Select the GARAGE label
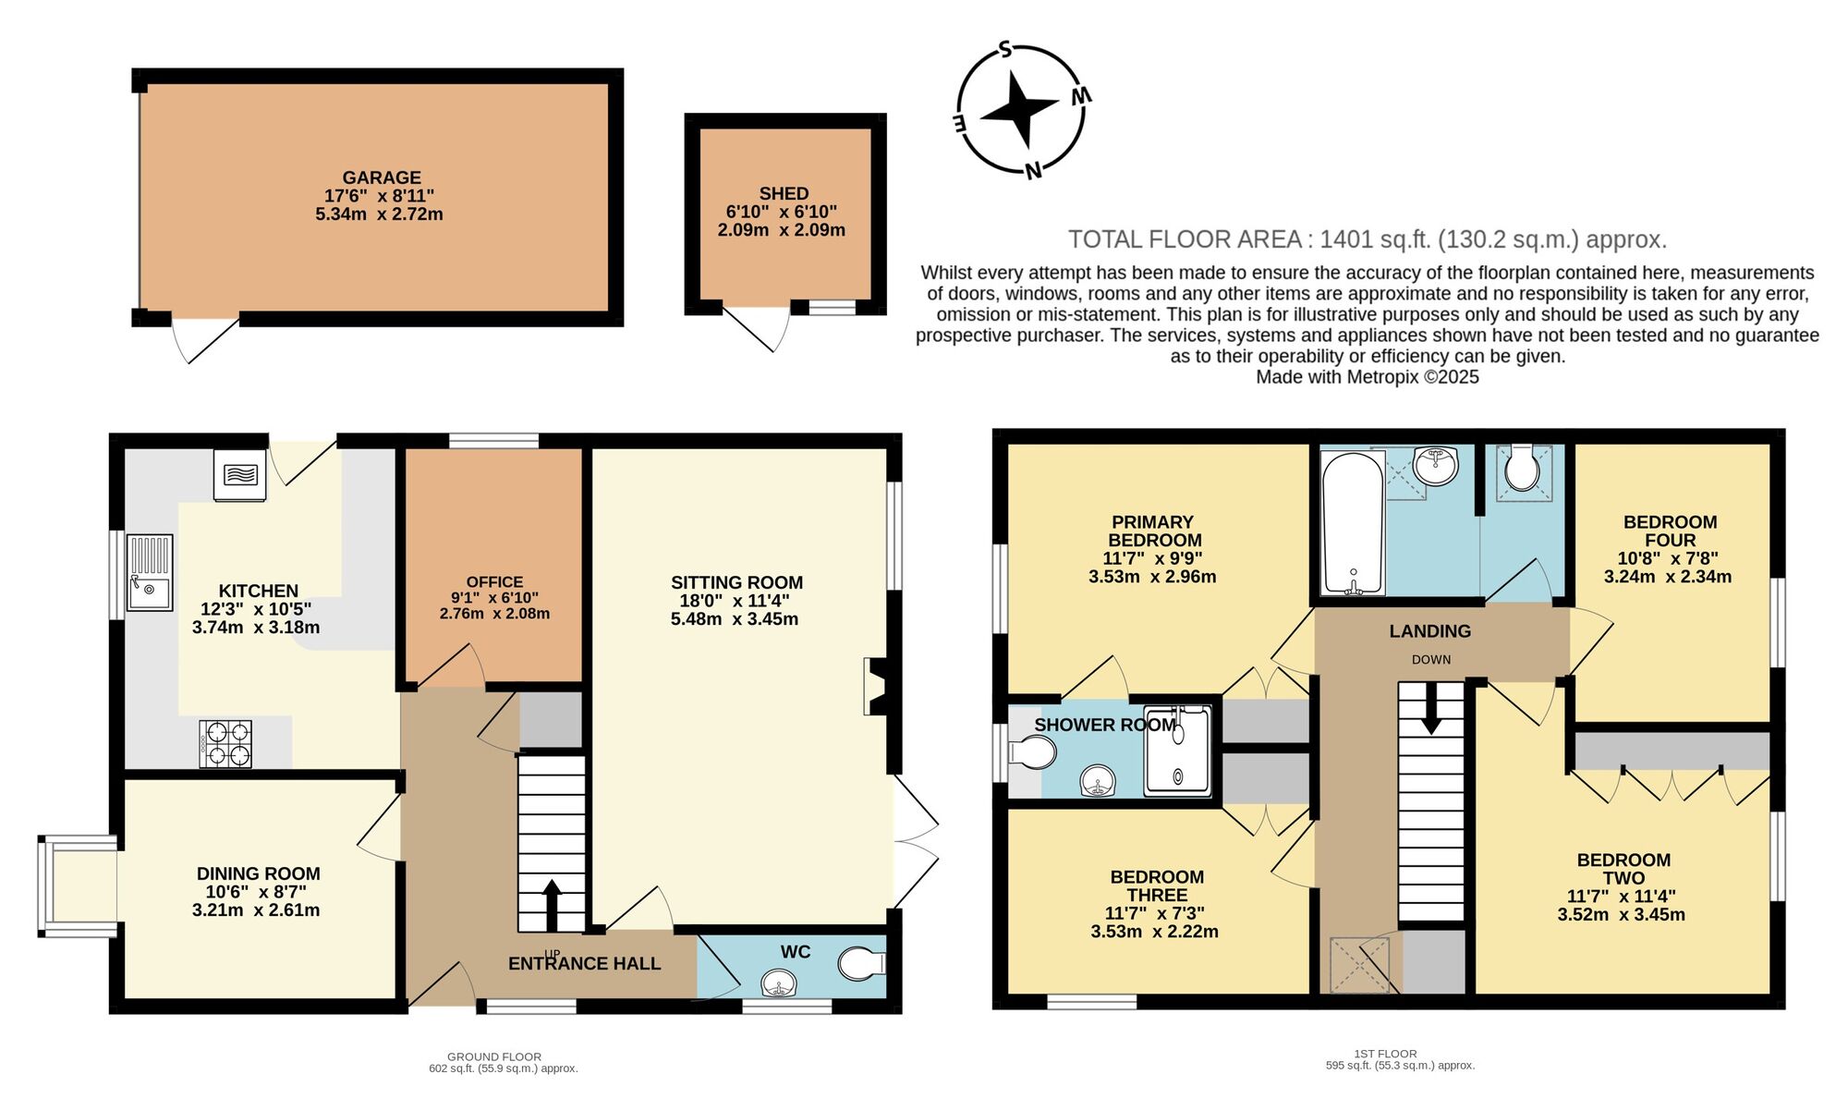[382, 177]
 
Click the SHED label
[784, 193]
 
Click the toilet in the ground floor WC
[861, 964]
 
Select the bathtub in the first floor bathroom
[1353, 522]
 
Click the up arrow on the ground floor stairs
[552, 904]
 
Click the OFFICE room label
[494, 581]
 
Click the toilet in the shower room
[1032, 753]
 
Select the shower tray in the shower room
[1177, 751]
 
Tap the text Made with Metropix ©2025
[1368, 377]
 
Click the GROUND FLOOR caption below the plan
[494, 1056]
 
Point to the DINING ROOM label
[258, 873]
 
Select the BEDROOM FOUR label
[1670, 531]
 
